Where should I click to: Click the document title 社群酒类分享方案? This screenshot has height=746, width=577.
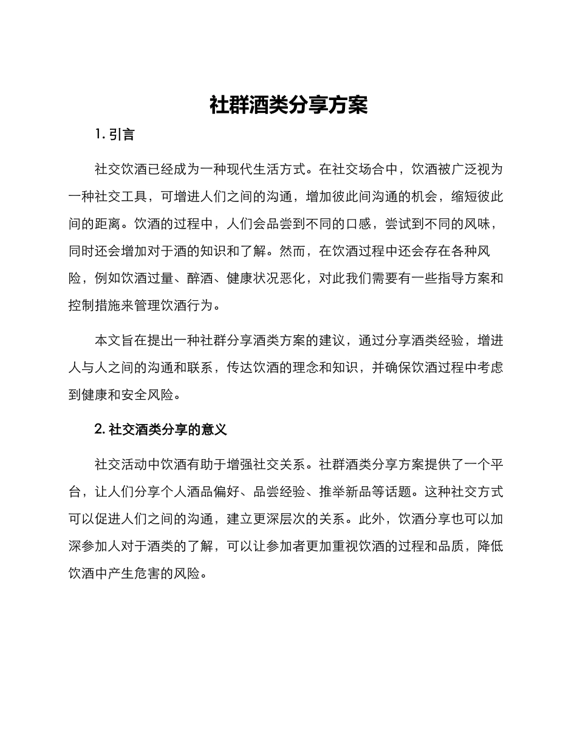click(288, 105)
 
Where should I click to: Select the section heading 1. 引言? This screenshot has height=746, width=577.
click(115, 135)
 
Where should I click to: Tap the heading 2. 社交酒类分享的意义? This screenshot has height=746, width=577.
click(161, 429)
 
